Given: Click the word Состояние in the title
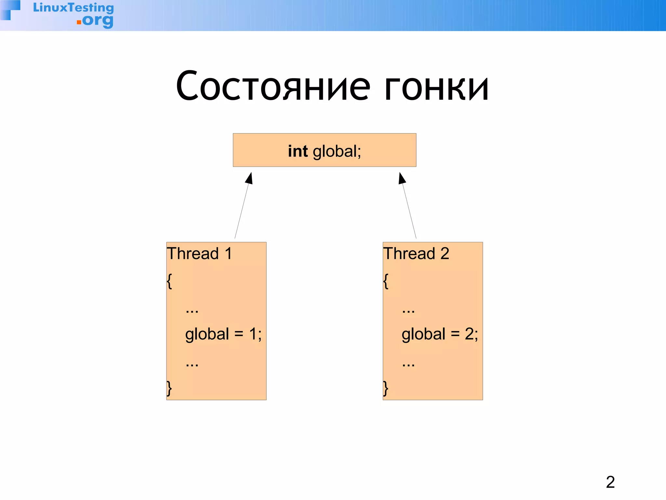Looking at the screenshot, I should (273, 86).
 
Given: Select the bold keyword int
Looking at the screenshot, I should (298, 151).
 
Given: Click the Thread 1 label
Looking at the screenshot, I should (200, 254).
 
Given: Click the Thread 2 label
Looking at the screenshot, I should (416, 254).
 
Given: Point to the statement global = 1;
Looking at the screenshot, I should (223, 334).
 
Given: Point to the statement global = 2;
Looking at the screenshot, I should (440, 334).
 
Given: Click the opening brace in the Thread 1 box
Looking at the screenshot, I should (169, 281).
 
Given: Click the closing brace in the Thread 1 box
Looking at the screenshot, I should (169, 388).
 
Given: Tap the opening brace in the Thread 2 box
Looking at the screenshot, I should (386, 281).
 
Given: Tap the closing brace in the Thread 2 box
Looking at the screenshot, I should (386, 388).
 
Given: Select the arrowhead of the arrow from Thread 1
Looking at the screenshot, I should (249, 178).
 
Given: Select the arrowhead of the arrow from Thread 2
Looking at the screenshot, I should (402, 178).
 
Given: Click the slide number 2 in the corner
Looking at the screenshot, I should (610, 482).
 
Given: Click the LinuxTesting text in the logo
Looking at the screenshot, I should (73, 8).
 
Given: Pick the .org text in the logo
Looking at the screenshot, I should (95, 21).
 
